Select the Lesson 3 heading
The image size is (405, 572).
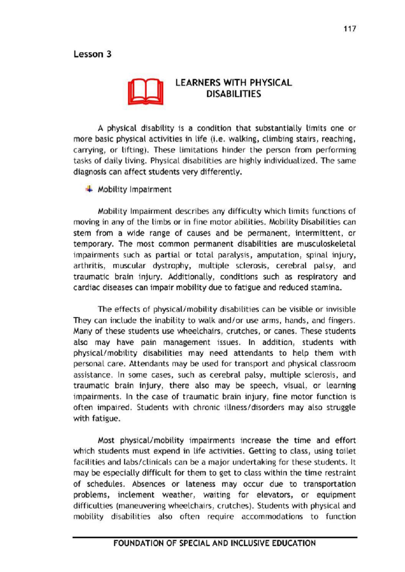click(92, 54)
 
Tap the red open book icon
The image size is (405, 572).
click(145, 92)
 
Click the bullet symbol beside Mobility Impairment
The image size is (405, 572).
click(89, 189)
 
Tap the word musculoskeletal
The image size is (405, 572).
click(326, 244)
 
